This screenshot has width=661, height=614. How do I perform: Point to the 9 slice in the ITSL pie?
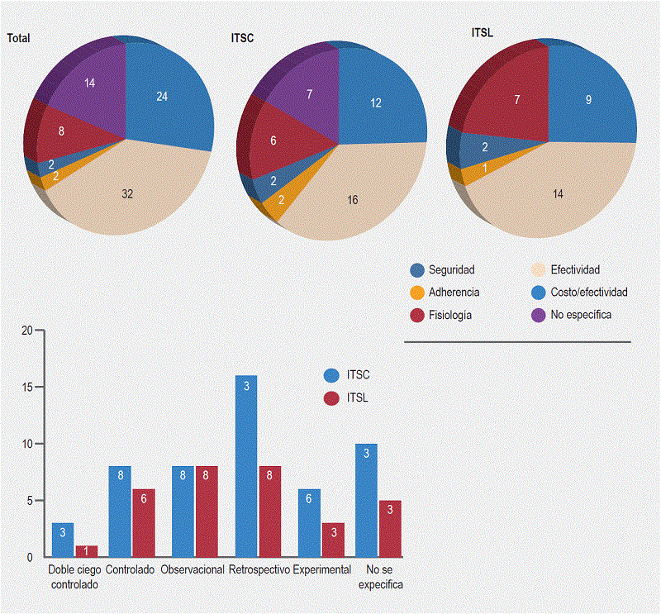click(x=588, y=99)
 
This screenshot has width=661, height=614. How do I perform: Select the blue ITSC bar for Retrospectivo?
click(x=245, y=466)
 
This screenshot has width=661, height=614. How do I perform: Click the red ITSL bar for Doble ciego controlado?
click(x=87, y=551)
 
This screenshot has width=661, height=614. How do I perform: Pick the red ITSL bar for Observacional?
click(x=207, y=512)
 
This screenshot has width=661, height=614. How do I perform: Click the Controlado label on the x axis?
click(x=131, y=570)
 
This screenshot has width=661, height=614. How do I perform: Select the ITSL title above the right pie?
click(x=482, y=33)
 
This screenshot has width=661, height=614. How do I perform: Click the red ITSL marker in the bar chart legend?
click(x=332, y=397)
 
